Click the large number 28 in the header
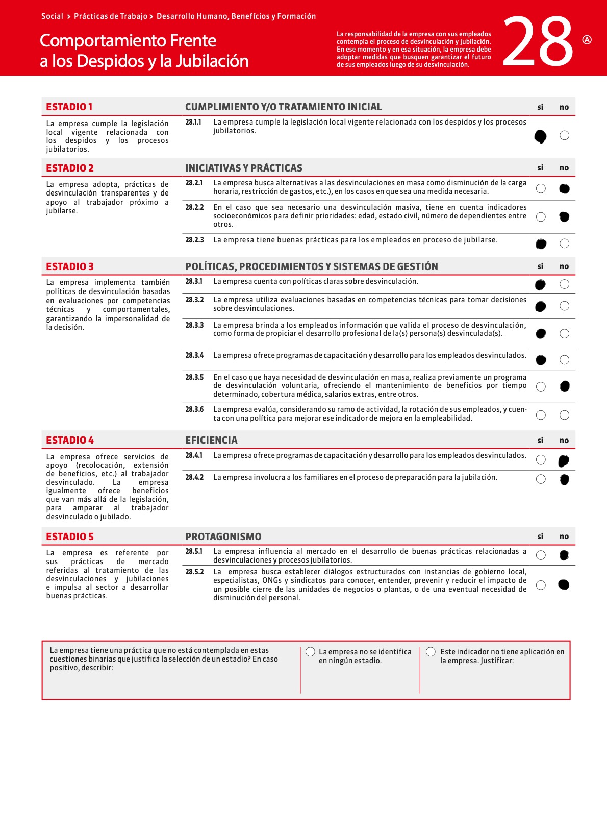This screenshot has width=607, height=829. coord(538,42)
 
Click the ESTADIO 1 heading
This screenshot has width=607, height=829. coord(69,107)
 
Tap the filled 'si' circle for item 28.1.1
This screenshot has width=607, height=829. coord(540,136)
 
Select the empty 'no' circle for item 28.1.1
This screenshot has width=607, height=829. coord(564,135)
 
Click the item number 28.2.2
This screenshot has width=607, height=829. coord(194,207)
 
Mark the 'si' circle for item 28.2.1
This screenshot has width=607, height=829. coord(541,189)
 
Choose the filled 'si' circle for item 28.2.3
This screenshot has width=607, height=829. coord(541,244)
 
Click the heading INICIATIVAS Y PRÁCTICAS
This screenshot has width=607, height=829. coord(243,168)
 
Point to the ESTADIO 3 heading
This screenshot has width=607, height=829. coord(70,266)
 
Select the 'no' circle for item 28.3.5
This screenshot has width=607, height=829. coord(564,386)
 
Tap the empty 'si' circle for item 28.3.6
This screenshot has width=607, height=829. coord(541,415)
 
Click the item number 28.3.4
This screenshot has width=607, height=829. coord(194,355)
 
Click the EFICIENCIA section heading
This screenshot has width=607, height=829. coord(211,440)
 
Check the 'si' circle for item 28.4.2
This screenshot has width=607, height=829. coord(541,479)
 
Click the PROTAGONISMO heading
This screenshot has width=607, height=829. coord(223,537)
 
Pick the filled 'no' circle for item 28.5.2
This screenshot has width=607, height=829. coord(564,585)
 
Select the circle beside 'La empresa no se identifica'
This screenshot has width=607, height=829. coord(310,652)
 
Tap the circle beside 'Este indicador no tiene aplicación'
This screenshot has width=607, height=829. coord(431,652)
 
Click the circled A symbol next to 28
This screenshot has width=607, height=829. coord(587,40)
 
